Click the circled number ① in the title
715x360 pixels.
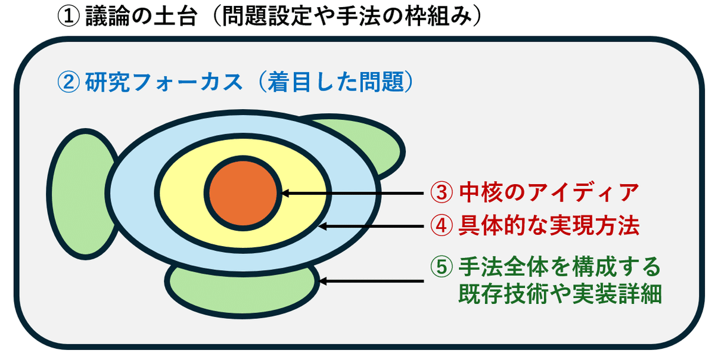pyautogui.click(x=69, y=16)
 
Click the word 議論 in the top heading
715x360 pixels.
pyautogui.click(x=107, y=16)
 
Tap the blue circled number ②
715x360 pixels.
pyautogui.click(x=69, y=82)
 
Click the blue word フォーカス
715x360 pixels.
pyautogui.click(x=186, y=82)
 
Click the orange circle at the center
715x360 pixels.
pyautogui.click(x=243, y=193)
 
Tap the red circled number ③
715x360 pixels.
pyautogui.click(x=442, y=193)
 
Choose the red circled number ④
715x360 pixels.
pyautogui.click(x=442, y=225)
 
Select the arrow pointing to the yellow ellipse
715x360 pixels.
pyautogui.click(x=371, y=226)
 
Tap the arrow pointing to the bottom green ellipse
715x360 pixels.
pyautogui.click(x=371, y=281)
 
